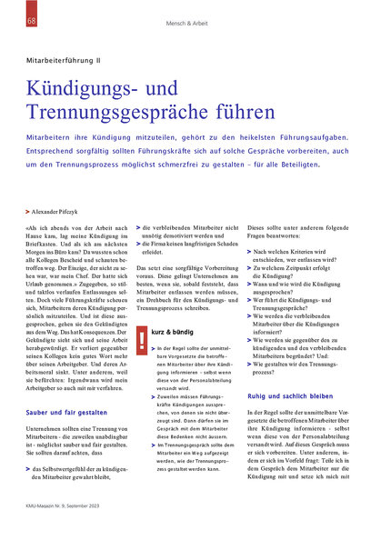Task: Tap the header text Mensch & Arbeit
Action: pos(191,21)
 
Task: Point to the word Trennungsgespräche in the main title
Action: pos(122,114)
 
